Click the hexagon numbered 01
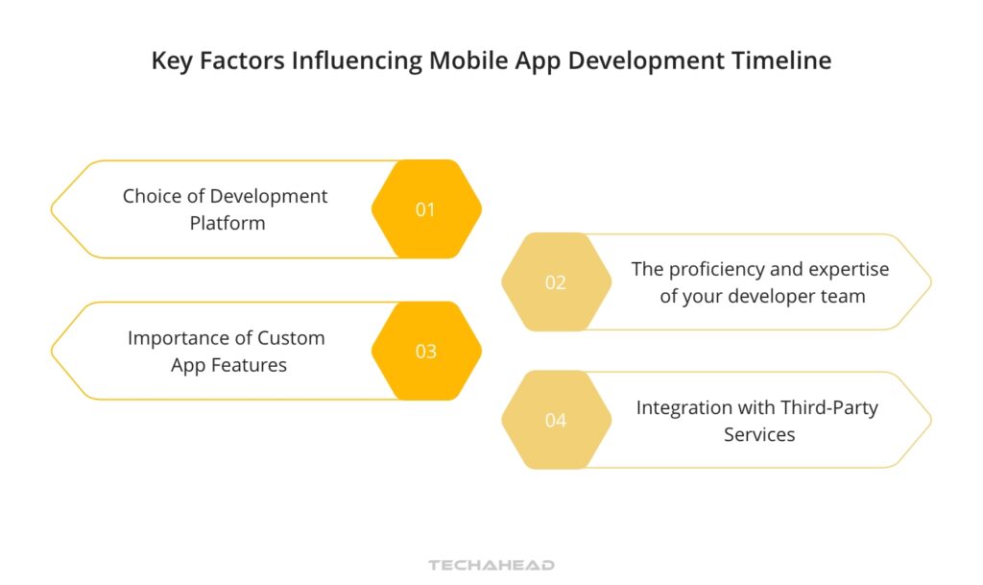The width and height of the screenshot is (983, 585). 425,209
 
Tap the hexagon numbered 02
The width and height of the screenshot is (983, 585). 556,282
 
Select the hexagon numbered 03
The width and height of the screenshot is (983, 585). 425,352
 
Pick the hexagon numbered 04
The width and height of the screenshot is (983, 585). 556,420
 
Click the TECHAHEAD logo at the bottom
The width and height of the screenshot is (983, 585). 491,565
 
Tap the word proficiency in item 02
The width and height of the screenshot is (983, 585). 717,269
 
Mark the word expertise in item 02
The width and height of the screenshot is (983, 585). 849,269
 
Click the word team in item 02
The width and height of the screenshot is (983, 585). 844,296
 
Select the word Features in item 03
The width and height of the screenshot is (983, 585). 252,365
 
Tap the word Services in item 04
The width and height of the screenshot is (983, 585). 758,434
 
